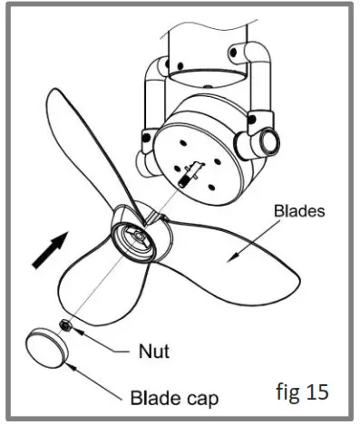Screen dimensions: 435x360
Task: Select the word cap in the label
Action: [x=200, y=397]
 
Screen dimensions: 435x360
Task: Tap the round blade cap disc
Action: [x=47, y=346]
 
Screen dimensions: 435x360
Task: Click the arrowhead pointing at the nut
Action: [x=80, y=330]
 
